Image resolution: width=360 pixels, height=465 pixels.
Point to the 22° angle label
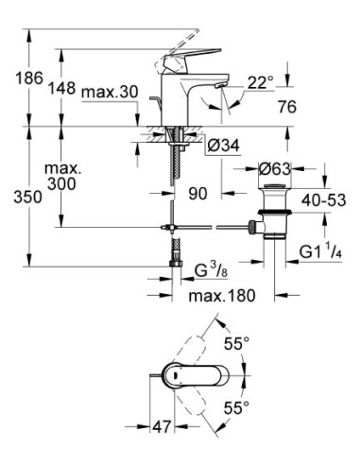[x=258, y=82]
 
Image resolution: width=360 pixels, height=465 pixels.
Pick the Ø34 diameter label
[x=219, y=147]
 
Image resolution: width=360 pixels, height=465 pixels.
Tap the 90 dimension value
[x=197, y=194]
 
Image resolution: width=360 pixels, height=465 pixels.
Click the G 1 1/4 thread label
[x=322, y=250]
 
